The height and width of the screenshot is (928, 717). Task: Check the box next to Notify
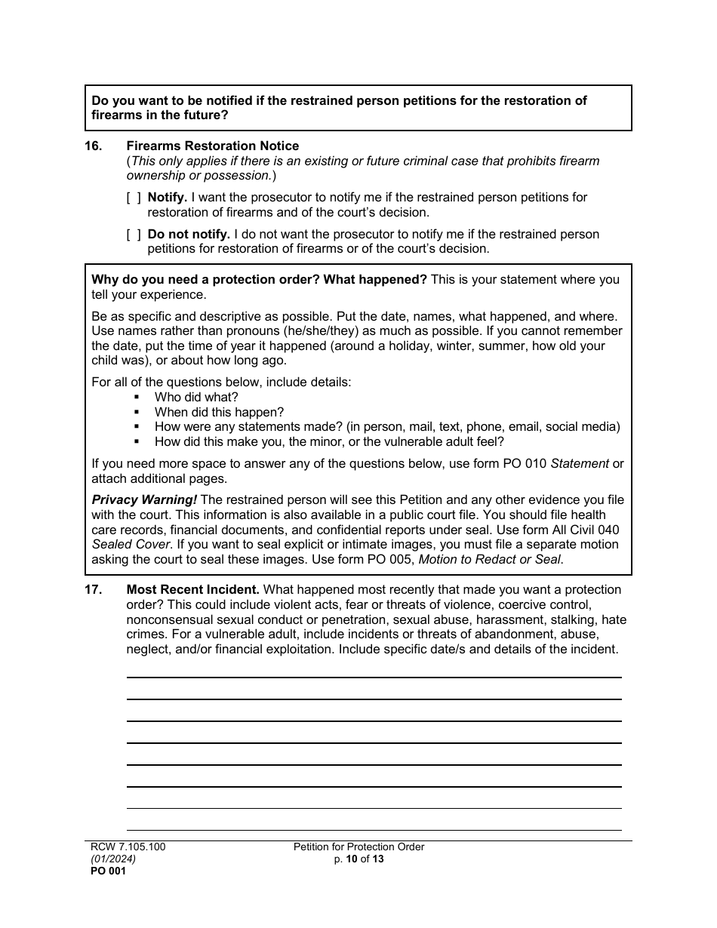pos(134,198)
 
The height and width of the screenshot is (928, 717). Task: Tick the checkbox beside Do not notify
pos(134,235)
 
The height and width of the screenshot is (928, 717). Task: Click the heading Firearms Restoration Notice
pos(212,146)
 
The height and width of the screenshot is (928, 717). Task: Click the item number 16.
pos(93,146)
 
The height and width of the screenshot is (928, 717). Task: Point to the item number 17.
pos(93,589)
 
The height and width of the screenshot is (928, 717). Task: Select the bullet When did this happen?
pos(219,412)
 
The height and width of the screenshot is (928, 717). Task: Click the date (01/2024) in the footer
pos(114,859)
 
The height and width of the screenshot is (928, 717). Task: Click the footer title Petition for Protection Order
pos(358,847)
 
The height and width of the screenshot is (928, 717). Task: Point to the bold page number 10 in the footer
pos(352,859)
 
